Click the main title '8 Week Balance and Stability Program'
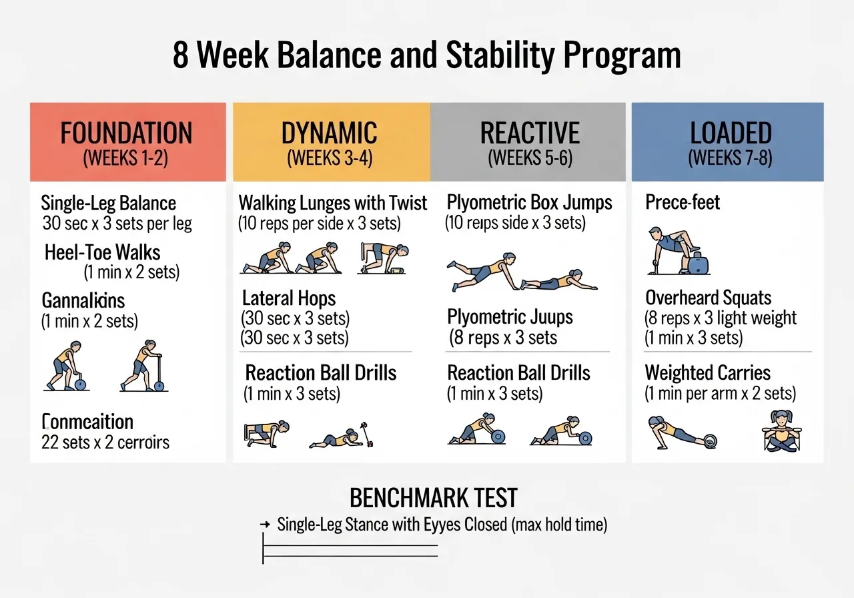tap(427, 56)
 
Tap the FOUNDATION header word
tap(127, 133)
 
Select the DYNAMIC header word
tap(329, 133)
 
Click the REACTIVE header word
tap(530, 133)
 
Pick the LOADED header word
tap(731, 133)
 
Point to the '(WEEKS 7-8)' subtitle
tap(731, 159)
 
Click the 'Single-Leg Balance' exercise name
tap(108, 203)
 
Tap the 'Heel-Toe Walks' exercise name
tap(103, 252)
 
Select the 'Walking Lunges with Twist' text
tap(333, 203)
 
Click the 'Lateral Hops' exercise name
tap(289, 298)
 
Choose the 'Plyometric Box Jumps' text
tap(530, 203)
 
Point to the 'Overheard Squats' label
tap(708, 298)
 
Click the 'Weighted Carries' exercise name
tap(707, 372)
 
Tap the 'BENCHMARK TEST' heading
tap(433, 498)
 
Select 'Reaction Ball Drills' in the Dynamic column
tap(321, 372)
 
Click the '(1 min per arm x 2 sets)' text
tap(720, 394)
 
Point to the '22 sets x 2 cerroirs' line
tap(105, 442)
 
